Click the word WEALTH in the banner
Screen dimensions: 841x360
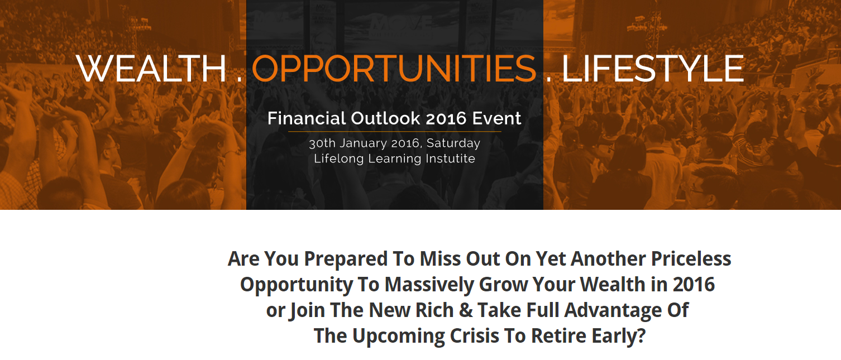[151, 68]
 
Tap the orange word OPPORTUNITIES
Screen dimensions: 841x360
[394, 68]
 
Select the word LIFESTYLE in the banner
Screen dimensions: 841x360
[652, 68]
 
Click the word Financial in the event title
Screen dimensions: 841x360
[307, 118]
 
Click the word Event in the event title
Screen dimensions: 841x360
[496, 118]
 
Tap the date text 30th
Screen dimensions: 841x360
[322, 143]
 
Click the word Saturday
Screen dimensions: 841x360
[453, 144]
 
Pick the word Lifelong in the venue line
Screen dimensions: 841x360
[338, 159]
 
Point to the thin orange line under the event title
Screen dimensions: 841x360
[395, 132]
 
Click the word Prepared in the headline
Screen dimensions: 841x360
[346, 260]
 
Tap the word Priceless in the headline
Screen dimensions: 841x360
[691, 258]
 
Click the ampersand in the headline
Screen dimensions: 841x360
[466, 310]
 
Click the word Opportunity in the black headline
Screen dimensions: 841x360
[297, 285]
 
